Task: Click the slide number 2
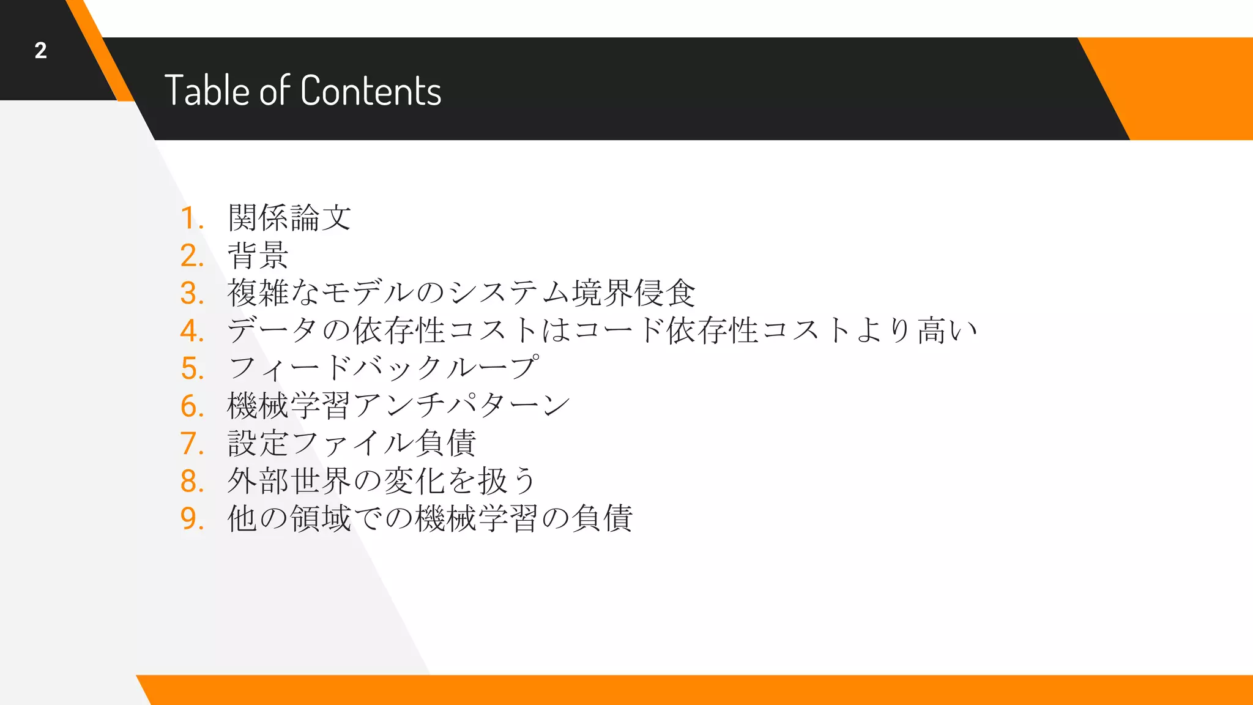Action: pyautogui.click(x=40, y=50)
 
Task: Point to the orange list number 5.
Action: pyautogui.click(x=191, y=369)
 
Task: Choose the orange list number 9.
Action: pyautogui.click(x=191, y=519)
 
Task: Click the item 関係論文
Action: pyautogui.click(x=289, y=218)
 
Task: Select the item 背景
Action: pyautogui.click(x=258, y=256)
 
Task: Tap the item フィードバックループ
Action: pyautogui.click(x=384, y=368)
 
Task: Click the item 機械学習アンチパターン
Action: pyautogui.click(x=398, y=406)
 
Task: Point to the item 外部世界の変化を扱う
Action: pyautogui.click(x=382, y=481)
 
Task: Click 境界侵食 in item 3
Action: pyautogui.click(x=633, y=293)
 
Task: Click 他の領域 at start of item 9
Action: pyautogui.click(x=289, y=519)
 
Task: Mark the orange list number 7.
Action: pyautogui.click(x=191, y=444)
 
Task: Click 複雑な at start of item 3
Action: pyautogui.click(x=273, y=293)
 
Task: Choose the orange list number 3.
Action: pyautogui.click(x=191, y=294)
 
